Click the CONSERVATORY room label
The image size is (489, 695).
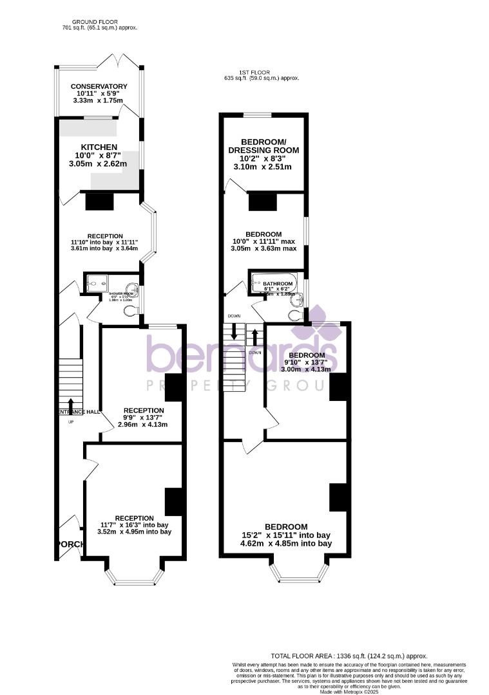point(99,86)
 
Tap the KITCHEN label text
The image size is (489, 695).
point(99,147)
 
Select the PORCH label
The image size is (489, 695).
point(70,544)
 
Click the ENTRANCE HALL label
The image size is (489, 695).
point(79,412)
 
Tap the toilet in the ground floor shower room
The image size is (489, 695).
point(131,311)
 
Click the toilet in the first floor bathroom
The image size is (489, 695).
point(295,315)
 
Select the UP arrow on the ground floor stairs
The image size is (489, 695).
point(70,405)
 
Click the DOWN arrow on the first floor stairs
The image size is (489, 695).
point(233,333)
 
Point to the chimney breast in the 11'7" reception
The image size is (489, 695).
point(175,502)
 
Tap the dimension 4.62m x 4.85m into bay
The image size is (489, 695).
point(277,544)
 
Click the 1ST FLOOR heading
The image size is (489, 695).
point(254,72)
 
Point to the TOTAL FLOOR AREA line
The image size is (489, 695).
point(349,655)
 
